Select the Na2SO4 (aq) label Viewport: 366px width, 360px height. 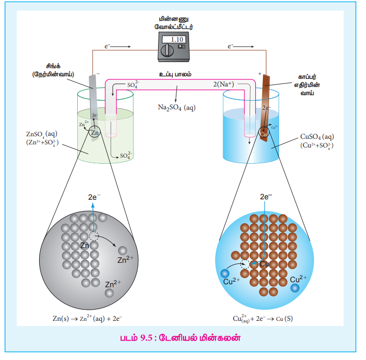click(177, 107)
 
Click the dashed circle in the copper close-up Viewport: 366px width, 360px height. click(246, 264)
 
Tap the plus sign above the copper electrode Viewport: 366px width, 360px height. click(260, 74)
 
